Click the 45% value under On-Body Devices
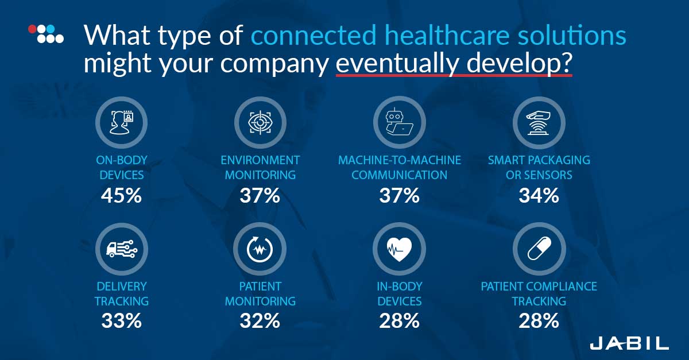tap(122, 195)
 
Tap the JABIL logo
tap(629, 343)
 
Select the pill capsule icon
tap(539, 249)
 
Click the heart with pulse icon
tap(399, 249)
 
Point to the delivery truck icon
tap(122, 249)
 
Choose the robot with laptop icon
tap(400, 122)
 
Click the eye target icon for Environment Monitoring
tap(260, 122)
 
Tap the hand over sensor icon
tap(539, 123)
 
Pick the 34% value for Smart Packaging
tap(539, 195)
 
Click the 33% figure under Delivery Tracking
tap(122, 321)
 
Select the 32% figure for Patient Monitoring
tap(260, 321)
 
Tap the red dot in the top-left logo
tap(32, 29)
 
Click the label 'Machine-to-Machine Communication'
tap(400, 168)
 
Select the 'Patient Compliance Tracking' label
tap(539, 293)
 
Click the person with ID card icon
tap(122, 122)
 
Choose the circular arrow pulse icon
tap(260, 249)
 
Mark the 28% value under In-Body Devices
tap(399, 321)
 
